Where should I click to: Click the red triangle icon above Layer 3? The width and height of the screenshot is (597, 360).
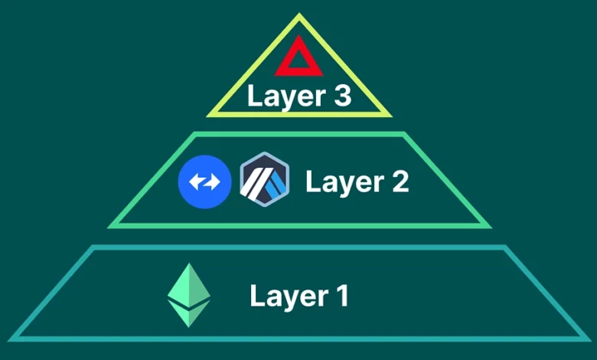click(x=298, y=60)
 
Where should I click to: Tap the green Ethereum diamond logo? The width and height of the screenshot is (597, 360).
click(x=189, y=295)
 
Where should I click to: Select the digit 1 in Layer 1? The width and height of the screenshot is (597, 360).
click(x=341, y=296)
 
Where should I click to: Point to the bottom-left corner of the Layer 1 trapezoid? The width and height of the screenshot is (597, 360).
click(x=11, y=338)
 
